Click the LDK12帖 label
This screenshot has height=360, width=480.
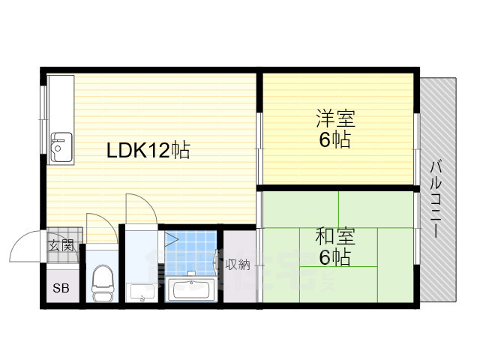tap(148, 150)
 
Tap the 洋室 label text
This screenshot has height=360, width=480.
tap(334, 118)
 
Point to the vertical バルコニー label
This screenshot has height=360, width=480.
tap(436, 198)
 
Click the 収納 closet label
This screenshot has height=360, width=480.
tap(238, 265)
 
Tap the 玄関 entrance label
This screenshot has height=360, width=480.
tap(61, 244)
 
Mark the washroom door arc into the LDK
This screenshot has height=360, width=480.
tap(140, 205)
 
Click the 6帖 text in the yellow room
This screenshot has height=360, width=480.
tap(334, 139)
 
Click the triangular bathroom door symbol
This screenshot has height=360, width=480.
tap(170, 241)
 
